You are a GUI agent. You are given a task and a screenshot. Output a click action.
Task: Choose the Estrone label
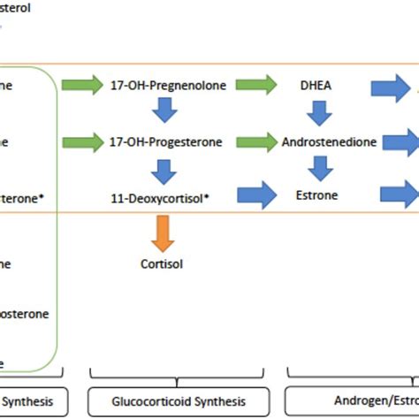[x=317, y=195]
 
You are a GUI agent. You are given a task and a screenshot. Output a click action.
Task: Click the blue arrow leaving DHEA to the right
[x=394, y=87]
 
